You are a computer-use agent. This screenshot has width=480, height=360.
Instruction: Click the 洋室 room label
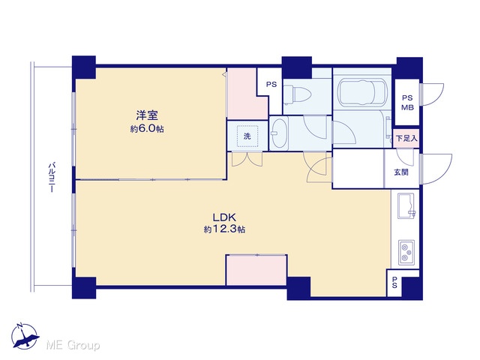(x=147, y=115)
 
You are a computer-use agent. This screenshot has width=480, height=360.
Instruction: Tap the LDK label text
(x=224, y=217)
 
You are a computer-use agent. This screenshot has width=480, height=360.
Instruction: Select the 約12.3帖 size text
(x=224, y=229)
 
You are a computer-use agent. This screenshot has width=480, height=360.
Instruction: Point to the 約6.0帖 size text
(x=147, y=129)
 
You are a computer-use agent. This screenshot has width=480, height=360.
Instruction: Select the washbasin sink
(x=279, y=133)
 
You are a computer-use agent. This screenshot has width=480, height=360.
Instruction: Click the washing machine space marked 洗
(x=247, y=136)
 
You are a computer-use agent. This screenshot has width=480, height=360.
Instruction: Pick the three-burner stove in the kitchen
(x=406, y=252)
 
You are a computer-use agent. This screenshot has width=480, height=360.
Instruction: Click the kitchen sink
(x=406, y=205)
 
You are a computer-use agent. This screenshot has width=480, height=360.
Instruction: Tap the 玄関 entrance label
(x=401, y=172)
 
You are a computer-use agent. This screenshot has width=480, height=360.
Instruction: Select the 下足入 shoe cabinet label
(x=406, y=138)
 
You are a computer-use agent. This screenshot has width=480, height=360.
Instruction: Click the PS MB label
(x=407, y=103)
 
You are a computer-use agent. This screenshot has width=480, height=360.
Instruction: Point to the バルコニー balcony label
(x=52, y=178)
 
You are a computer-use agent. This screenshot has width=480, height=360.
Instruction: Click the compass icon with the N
(x=25, y=336)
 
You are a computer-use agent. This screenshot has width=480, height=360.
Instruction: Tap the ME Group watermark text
(x=73, y=345)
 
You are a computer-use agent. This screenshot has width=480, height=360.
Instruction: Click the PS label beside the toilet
(x=271, y=84)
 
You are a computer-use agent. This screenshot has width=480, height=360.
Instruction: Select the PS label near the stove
(x=394, y=283)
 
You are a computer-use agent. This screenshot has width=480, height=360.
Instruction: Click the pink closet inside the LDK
(x=256, y=270)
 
